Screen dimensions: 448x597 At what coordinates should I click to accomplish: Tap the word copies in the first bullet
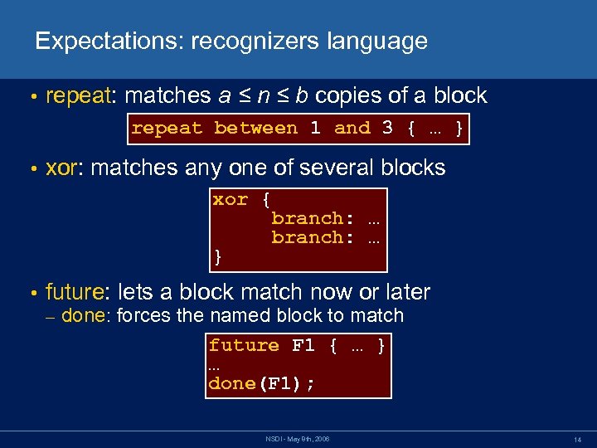coord(347,95)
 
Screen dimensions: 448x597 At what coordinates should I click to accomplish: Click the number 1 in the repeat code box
coord(315,128)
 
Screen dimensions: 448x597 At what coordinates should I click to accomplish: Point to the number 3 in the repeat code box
coord(387,128)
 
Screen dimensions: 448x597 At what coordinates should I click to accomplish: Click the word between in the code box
coord(255,128)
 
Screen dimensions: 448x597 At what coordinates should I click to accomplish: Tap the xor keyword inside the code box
coord(231,199)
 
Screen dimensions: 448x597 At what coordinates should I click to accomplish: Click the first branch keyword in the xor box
coord(308,218)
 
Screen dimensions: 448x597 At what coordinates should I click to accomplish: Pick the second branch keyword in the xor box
coord(308,237)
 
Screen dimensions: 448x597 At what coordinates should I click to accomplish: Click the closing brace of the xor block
coord(218,256)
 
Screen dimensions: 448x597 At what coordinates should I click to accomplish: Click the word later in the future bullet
coord(404,292)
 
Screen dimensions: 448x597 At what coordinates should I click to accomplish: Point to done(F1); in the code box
coord(261,383)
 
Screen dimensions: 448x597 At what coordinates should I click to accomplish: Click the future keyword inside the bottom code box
coord(244,345)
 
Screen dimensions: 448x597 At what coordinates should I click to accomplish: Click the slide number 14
coord(577,438)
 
